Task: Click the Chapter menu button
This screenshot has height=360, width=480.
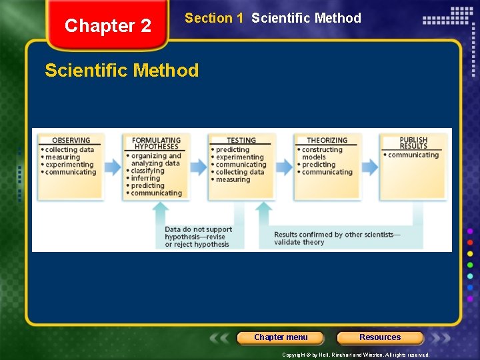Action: [x=281, y=337]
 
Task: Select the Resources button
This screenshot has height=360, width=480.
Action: [x=380, y=337]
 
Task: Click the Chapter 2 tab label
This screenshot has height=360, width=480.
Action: [x=108, y=26]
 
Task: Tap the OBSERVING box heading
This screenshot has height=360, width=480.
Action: [x=71, y=141]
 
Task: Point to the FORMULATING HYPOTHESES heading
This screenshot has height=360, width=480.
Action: [x=155, y=143]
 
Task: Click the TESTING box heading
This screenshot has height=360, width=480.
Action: [x=241, y=141]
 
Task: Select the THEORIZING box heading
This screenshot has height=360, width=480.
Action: [x=327, y=141]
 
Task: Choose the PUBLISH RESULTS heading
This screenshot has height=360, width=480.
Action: [x=413, y=143]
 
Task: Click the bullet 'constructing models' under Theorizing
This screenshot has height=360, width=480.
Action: [x=322, y=153]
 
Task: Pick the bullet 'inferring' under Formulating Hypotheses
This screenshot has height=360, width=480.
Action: [x=145, y=178]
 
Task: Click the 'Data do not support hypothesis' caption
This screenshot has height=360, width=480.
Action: [x=198, y=237]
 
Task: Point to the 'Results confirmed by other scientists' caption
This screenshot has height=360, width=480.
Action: [x=337, y=238]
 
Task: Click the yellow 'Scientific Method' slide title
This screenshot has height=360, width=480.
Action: [x=122, y=71]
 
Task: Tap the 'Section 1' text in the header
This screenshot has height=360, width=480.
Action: [x=214, y=19]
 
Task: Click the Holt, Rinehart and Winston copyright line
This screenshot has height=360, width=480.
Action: [x=355, y=355]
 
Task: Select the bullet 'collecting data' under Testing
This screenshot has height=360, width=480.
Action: [x=239, y=172]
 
